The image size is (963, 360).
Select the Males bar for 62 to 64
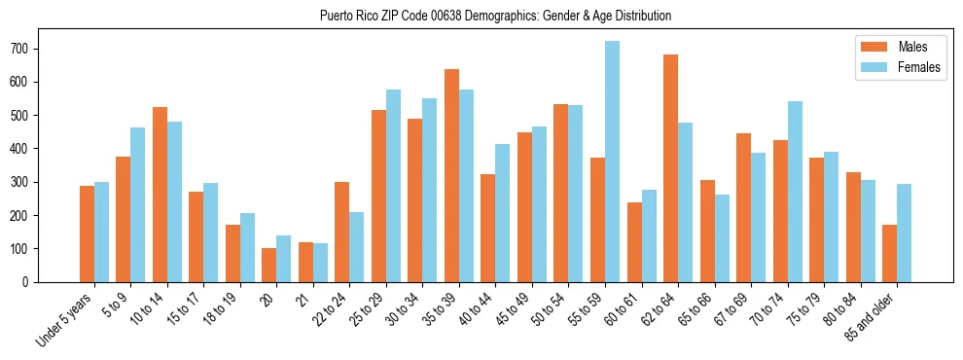click(671, 168)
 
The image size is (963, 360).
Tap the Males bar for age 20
click(269, 265)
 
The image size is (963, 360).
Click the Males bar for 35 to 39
click(452, 175)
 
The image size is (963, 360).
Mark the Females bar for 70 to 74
click(795, 192)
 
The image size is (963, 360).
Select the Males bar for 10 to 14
click(160, 195)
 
